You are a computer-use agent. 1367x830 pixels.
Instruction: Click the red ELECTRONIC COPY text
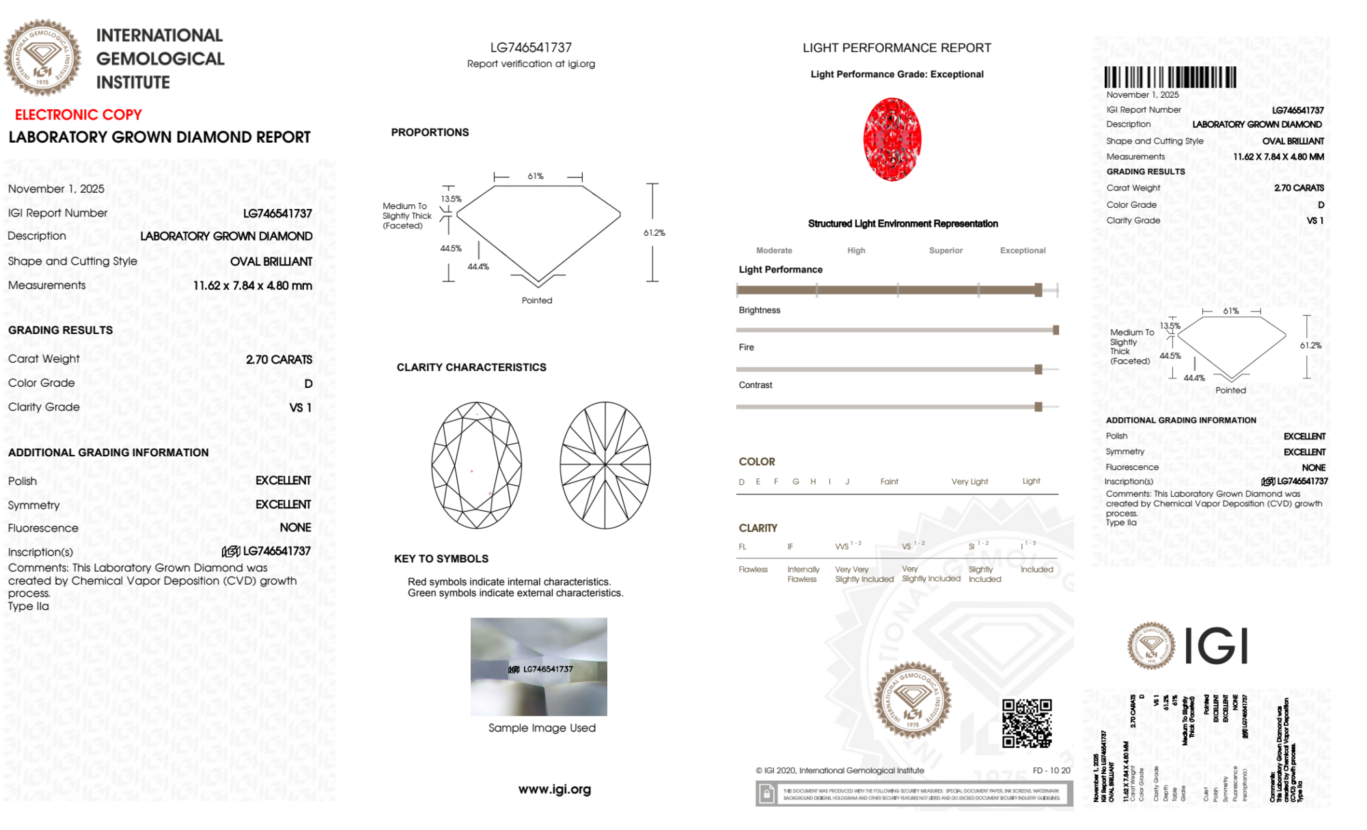pos(79,115)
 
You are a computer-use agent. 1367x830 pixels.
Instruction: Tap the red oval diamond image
pos(892,139)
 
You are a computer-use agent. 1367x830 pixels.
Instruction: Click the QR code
pos(1027,723)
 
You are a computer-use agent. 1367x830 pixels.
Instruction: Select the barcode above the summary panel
pos(1170,77)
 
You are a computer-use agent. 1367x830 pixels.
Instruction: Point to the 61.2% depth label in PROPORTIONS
pos(654,233)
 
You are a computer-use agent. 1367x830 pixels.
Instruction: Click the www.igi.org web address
pos(554,789)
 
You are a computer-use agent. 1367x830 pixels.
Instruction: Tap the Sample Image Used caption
pos(542,728)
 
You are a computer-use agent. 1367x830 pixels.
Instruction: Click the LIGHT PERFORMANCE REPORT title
pos(896,48)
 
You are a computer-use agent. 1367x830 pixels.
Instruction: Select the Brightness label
pos(759,310)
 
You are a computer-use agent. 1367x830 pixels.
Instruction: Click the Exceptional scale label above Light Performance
pos(1022,251)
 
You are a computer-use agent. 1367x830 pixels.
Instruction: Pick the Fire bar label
pos(746,348)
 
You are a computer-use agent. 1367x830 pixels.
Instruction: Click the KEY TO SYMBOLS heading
pos(441,559)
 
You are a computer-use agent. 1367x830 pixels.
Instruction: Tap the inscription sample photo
pos(538,666)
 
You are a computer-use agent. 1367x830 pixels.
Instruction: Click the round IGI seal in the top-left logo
pos(42,57)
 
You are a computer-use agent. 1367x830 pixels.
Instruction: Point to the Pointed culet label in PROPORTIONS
pos(537,301)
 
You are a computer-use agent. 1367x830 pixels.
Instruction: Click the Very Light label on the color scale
pos(969,482)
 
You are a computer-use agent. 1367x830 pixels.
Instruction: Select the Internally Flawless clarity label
pos(803,575)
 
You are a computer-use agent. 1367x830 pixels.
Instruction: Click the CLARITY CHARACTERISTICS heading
pos(471,368)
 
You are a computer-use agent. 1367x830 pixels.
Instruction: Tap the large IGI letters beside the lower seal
pos(1216,646)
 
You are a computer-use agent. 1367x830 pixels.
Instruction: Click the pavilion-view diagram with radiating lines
pos(605,465)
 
